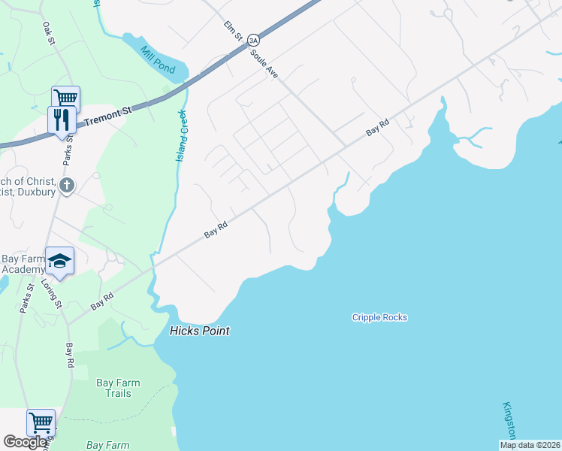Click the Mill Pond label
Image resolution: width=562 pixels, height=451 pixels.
coord(157,58)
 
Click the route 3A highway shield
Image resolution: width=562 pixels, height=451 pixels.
coord(253,40)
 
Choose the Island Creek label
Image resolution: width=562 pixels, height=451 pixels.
coord(180,136)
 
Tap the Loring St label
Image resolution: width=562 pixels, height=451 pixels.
coord(51,292)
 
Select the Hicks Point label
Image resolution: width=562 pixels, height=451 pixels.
coord(199,331)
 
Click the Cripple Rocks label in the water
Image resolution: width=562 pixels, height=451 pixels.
coord(379,317)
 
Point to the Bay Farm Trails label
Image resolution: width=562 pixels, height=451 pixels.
coord(118,388)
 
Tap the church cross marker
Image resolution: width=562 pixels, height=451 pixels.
coord(67,185)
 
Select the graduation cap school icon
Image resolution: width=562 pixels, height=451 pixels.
coord(59,260)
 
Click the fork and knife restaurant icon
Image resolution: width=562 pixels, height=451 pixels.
coord(62,120)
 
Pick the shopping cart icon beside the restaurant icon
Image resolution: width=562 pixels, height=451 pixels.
coord(65,98)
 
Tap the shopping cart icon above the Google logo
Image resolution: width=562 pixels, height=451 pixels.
coord(41,422)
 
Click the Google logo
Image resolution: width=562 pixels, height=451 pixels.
coord(26,442)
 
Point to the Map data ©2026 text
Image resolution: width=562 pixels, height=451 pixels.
coord(530,445)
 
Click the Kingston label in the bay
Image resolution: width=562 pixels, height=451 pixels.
coord(509,421)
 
